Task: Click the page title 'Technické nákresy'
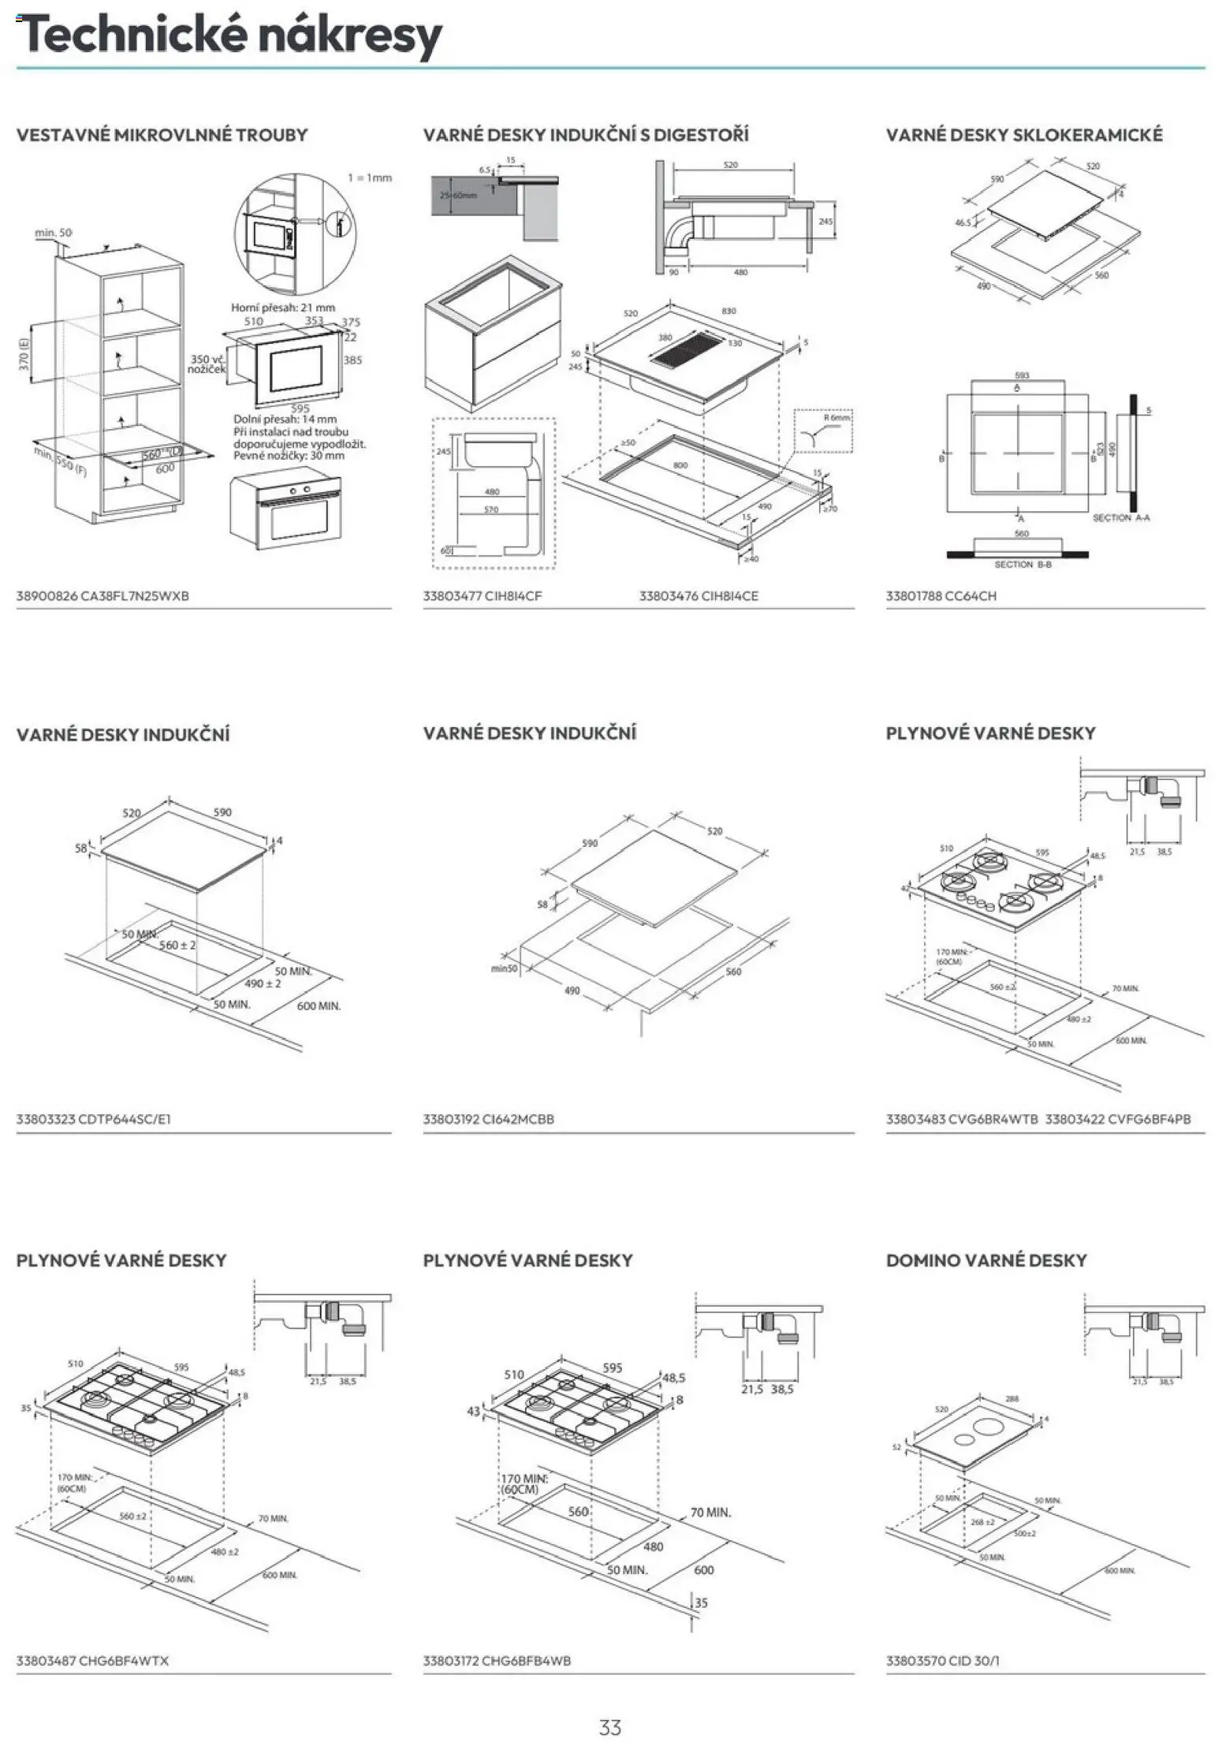[x=229, y=35]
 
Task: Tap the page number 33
[x=610, y=1727]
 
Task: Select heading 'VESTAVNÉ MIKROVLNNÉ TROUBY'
[x=162, y=135]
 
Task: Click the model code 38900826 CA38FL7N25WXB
[x=102, y=596]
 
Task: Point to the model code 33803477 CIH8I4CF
[x=482, y=596]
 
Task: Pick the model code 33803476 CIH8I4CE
[x=699, y=596]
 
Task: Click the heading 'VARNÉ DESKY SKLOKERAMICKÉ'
[x=1024, y=135]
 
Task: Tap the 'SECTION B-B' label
[x=1023, y=565]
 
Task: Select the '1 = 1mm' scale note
[x=370, y=178]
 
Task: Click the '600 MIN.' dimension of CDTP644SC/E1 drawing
[x=319, y=1006]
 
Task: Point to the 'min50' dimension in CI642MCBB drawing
[x=504, y=968]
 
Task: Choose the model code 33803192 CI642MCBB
[x=488, y=1119]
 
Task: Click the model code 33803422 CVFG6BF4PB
[x=1117, y=1119]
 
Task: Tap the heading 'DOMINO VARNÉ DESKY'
[x=986, y=1260]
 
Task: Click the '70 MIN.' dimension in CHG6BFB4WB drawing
[x=710, y=1513]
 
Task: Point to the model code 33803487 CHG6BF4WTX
[x=92, y=1661]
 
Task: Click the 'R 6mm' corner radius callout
[x=836, y=417]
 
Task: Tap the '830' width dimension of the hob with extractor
[x=728, y=311]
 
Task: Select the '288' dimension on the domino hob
[x=1012, y=1399]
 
